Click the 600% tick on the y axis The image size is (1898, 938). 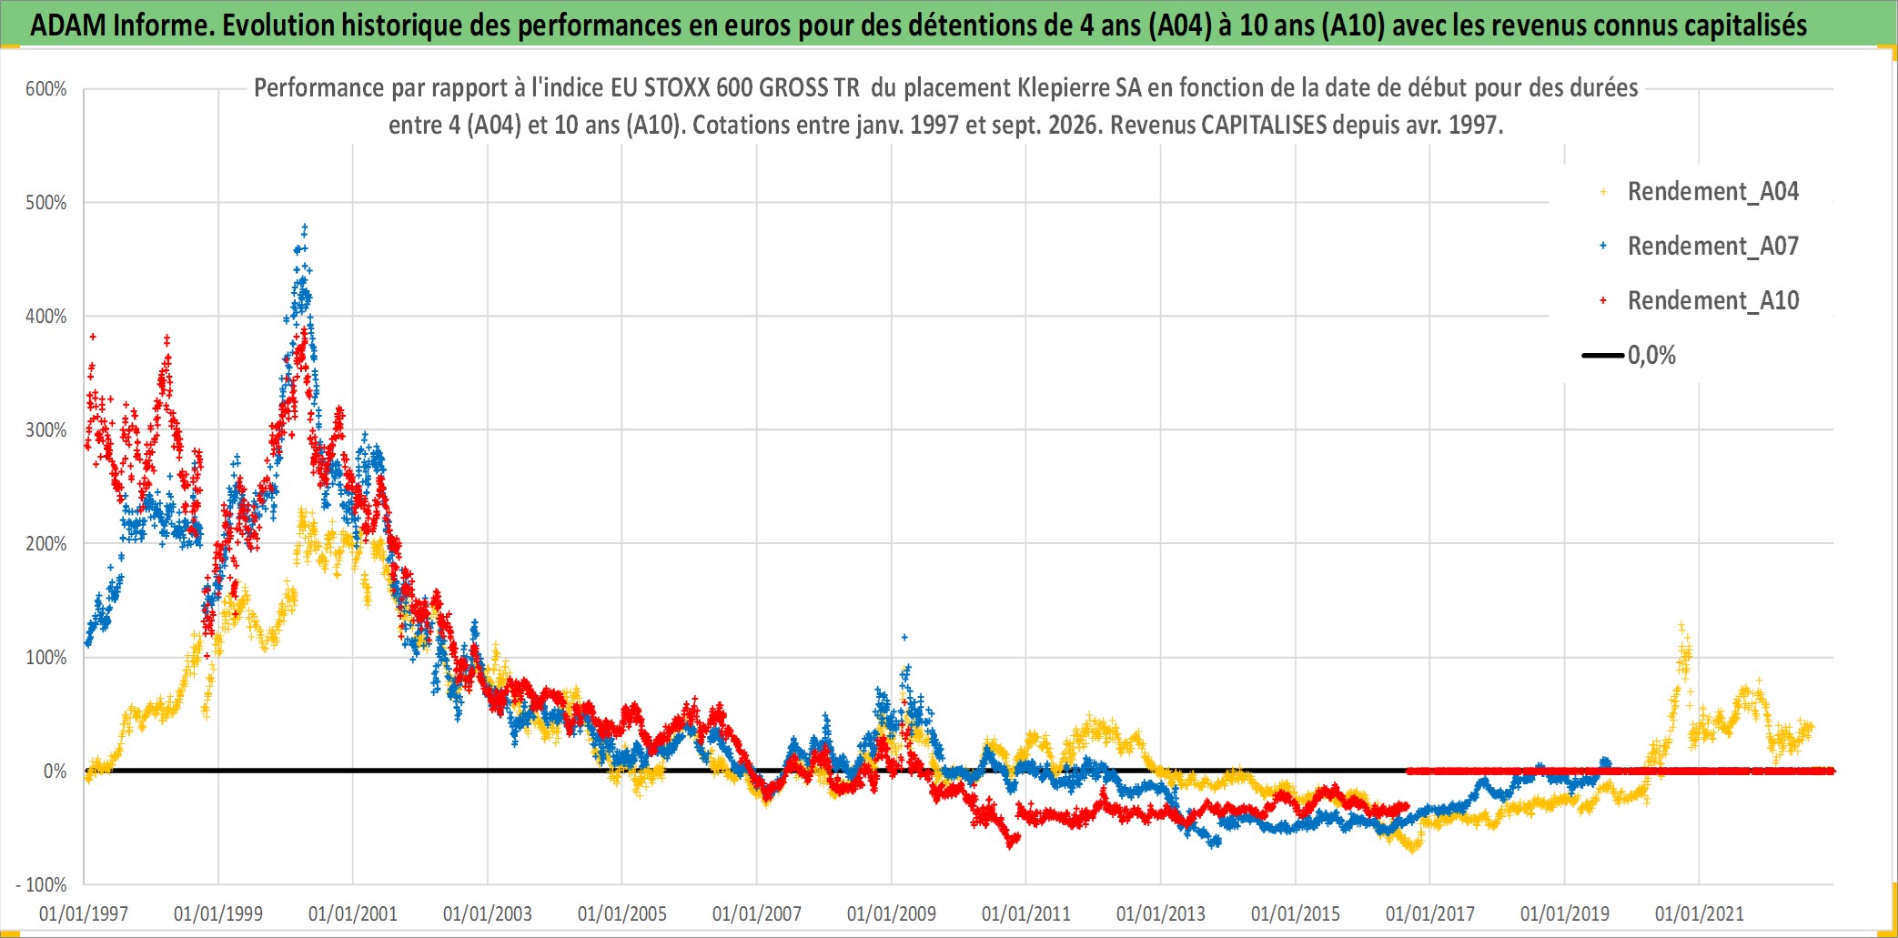[46, 89]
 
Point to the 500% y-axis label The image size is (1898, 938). [46, 203]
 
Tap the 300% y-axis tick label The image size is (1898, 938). [46, 430]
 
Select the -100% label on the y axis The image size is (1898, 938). [42, 884]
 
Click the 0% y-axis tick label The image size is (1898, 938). [56, 772]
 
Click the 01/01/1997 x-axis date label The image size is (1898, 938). [84, 913]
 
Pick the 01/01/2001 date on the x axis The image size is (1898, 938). [353, 913]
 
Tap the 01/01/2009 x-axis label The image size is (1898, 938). [892, 913]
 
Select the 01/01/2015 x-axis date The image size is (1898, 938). [1296, 913]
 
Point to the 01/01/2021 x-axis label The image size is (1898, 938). [1700, 913]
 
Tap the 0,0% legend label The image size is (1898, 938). [1651, 356]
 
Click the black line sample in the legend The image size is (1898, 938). [1603, 355]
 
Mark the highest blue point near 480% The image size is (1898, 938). [305, 227]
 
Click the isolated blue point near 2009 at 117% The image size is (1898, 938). [904, 637]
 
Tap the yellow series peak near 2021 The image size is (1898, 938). [1681, 626]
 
